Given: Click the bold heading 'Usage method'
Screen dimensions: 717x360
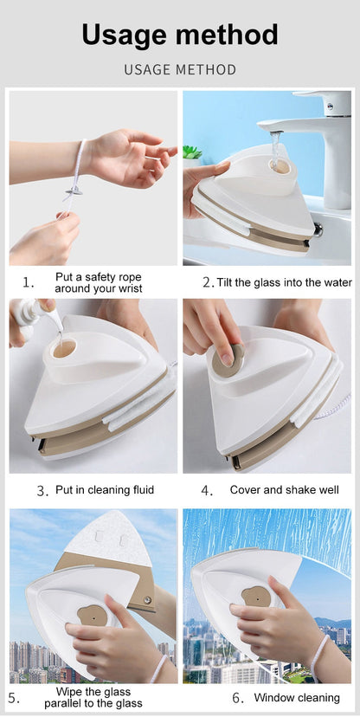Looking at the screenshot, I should click(180, 35).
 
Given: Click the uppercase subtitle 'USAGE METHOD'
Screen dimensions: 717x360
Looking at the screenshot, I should click(180, 69).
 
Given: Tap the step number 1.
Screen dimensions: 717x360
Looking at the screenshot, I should click(29, 282).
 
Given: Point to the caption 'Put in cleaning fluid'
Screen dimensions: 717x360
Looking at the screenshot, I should click(104, 490).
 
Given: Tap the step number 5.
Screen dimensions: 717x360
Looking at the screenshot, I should click(14, 698).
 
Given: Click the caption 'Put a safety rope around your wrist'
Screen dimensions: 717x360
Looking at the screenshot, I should click(98, 282).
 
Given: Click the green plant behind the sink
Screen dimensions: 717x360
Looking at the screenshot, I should click(192, 153).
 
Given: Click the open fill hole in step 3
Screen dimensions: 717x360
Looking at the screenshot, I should click(64, 349).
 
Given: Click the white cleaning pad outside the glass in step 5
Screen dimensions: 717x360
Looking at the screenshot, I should click(106, 537).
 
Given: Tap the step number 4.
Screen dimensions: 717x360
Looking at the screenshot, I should click(207, 491).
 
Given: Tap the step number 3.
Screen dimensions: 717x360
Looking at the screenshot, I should click(42, 491).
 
